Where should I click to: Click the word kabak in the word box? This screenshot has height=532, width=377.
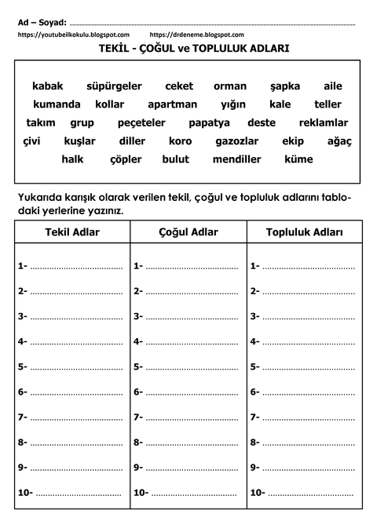(47, 86)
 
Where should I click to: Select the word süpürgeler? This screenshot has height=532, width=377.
(114, 86)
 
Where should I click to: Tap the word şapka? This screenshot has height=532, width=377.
(285, 86)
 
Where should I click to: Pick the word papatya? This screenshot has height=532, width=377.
(209, 122)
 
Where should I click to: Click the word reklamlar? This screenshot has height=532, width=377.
(324, 122)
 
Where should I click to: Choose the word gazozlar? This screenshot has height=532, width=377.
(236, 140)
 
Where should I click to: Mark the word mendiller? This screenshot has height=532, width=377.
(236, 159)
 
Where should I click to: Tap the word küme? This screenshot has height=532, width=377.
(298, 159)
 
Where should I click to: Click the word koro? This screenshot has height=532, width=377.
(180, 140)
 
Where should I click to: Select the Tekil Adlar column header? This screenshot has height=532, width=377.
(73, 233)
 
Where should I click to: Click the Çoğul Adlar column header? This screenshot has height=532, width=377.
(188, 233)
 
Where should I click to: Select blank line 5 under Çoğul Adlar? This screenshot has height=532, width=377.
(192, 367)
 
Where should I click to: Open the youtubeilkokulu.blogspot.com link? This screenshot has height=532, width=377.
(73, 35)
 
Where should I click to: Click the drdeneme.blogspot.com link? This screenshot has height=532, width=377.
(196, 35)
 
